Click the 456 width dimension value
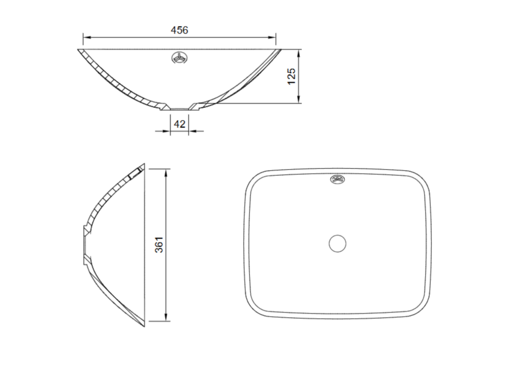(179, 30)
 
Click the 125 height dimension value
(291, 76)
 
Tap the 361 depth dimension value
(159, 245)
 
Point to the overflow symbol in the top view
(337, 179)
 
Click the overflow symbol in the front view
(179, 58)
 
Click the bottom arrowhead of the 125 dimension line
(299, 100)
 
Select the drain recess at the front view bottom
(179, 108)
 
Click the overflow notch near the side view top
(136, 172)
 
